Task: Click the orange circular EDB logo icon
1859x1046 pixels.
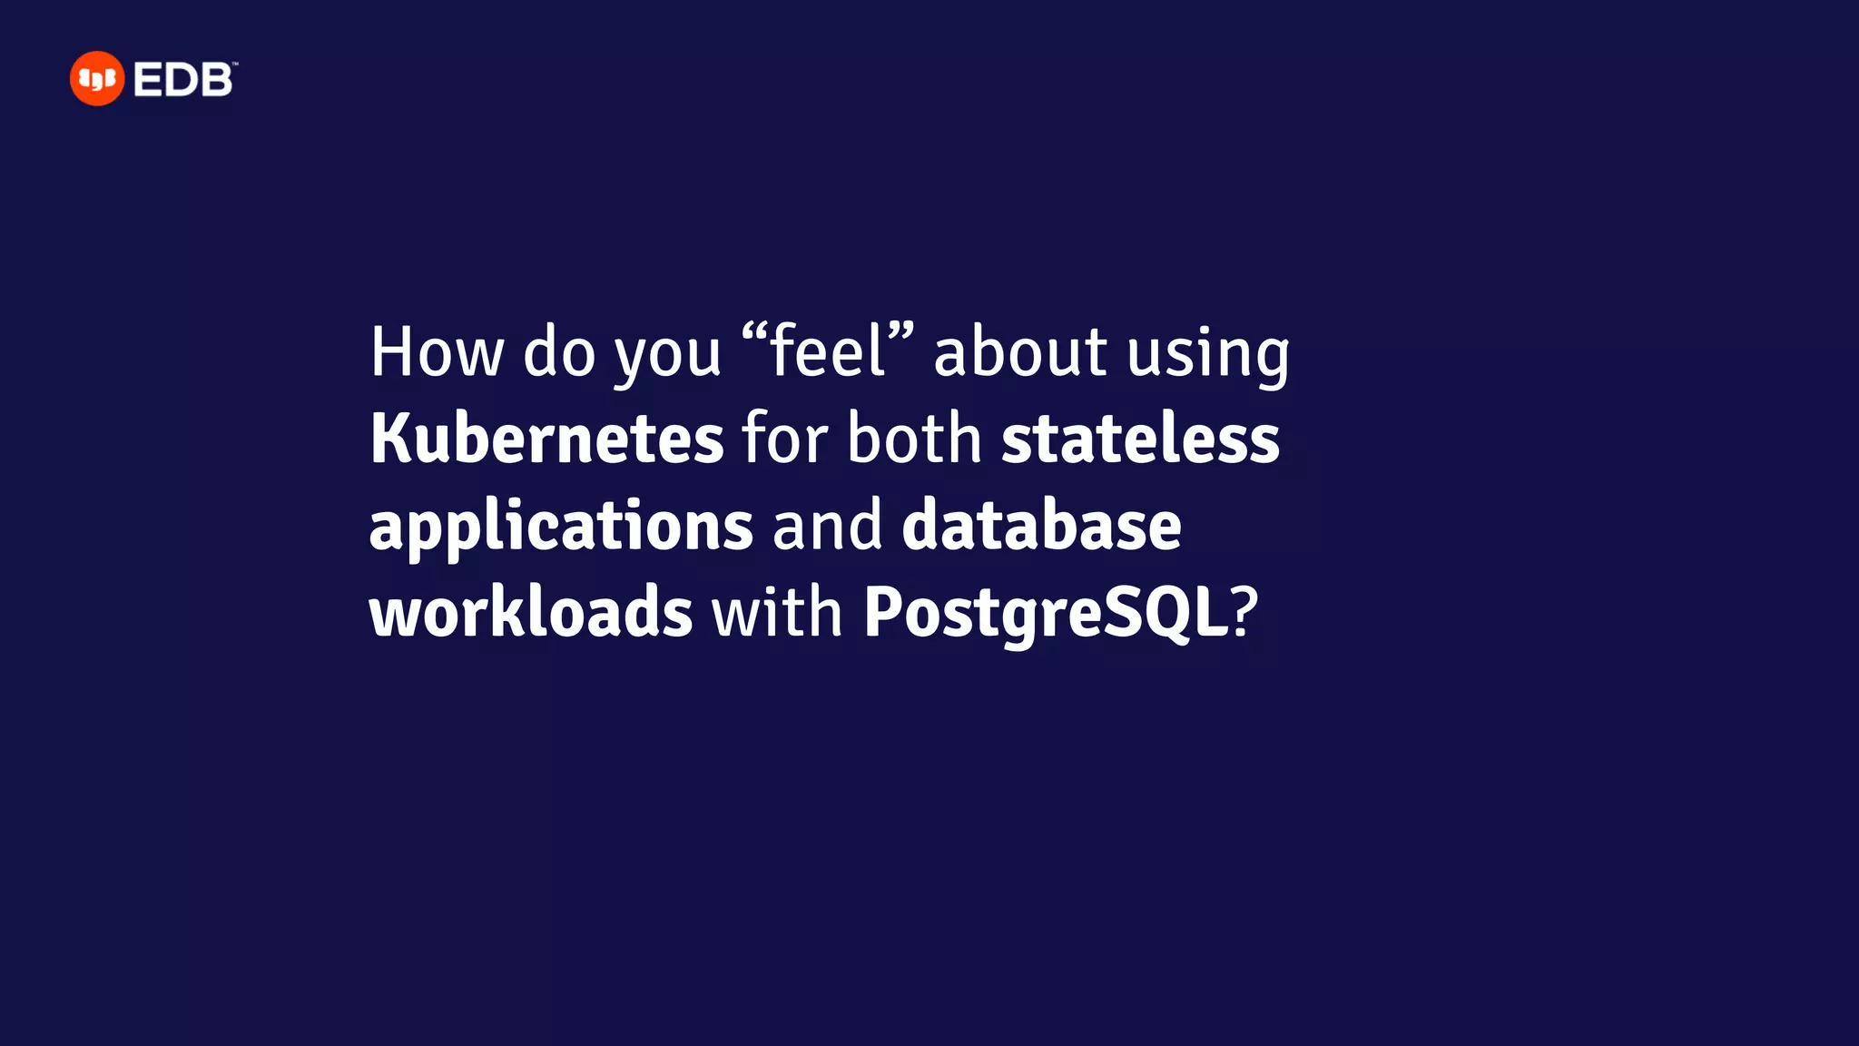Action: pyautogui.click(x=96, y=79)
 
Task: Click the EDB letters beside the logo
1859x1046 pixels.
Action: pyautogui.click(x=182, y=81)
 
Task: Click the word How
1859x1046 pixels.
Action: pyautogui.click(x=437, y=352)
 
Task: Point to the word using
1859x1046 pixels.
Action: pyautogui.click(x=1208, y=354)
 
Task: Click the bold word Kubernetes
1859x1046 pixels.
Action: pyautogui.click(x=546, y=439)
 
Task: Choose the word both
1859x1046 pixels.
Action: pyautogui.click(x=915, y=439)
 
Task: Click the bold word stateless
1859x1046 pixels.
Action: pyautogui.click(x=1140, y=439)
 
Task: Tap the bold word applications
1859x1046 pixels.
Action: pyautogui.click(x=561, y=527)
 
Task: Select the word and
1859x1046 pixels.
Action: pyautogui.click(x=827, y=527)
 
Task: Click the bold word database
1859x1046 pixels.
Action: pyautogui.click(x=1041, y=525)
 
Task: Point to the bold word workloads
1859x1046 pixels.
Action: pyautogui.click(x=531, y=612)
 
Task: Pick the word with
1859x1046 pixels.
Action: pyautogui.click(x=778, y=612)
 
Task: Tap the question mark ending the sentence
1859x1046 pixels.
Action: pyautogui.click(x=1244, y=612)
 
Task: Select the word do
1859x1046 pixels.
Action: pyautogui.click(x=559, y=352)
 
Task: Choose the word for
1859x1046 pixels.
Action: pyautogui.click(x=785, y=439)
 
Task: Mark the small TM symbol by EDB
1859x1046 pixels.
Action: pyautogui.click(x=234, y=64)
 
